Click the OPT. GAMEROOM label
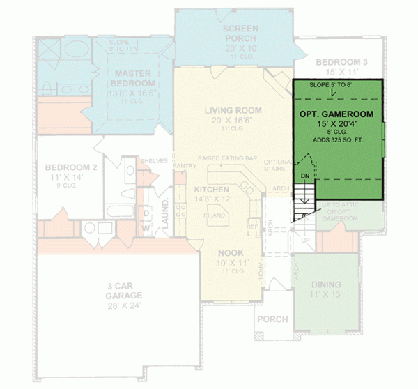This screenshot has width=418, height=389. (x=336, y=114)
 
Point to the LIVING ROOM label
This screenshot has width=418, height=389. (x=233, y=110)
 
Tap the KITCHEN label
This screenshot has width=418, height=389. (x=212, y=190)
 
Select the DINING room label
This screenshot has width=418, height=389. (x=326, y=284)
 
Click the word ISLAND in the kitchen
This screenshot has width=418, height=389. (x=214, y=215)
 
